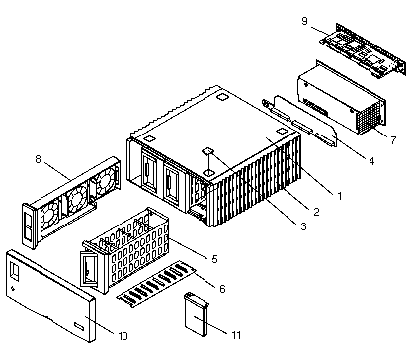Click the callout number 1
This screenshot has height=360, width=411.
[x=340, y=196]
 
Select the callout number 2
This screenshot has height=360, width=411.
[x=316, y=212]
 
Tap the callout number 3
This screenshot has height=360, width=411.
[x=303, y=226]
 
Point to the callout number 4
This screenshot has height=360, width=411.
[x=371, y=161]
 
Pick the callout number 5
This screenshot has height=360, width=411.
[x=214, y=259]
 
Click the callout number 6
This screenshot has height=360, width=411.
[x=222, y=289]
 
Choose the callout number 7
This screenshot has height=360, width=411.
[x=393, y=140]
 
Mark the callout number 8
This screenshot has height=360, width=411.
[x=39, y=159]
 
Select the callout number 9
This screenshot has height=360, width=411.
[x=305, y=21]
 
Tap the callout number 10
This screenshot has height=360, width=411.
[x=123, y=336]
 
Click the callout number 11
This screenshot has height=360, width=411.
[x=236, y=335]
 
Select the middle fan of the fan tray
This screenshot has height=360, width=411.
[x=77, y=198]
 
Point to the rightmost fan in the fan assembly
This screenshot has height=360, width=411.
[x=105, y=181]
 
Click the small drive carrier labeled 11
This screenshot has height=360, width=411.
[x=197, y=315]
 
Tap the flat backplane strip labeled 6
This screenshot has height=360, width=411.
[x=156, y=284]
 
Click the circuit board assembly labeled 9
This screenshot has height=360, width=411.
[x=363, y=50]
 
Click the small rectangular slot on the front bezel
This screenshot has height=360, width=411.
[x=79, y=326]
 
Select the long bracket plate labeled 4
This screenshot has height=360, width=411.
[x=300, y=122]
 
